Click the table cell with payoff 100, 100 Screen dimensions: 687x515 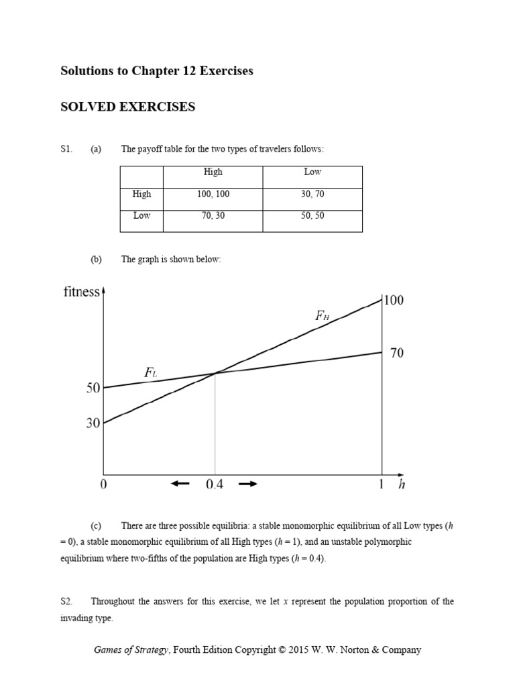[213, 194]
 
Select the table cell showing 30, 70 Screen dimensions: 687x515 [312, 194]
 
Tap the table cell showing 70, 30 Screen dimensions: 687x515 [213, 216]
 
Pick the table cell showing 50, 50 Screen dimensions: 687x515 [312, 216]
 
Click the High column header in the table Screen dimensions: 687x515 [213, 172]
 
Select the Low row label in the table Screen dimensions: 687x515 [142, 216]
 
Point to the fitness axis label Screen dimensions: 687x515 [81, 293]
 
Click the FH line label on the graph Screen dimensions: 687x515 [323, 315]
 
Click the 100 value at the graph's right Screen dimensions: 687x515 [394, 301]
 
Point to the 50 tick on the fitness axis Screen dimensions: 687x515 [93, 388]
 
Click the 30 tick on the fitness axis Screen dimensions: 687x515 [93, 423]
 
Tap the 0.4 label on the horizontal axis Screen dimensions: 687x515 [214, 486]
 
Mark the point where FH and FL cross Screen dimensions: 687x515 [215, 373]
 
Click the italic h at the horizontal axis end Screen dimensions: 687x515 [402, 486]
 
